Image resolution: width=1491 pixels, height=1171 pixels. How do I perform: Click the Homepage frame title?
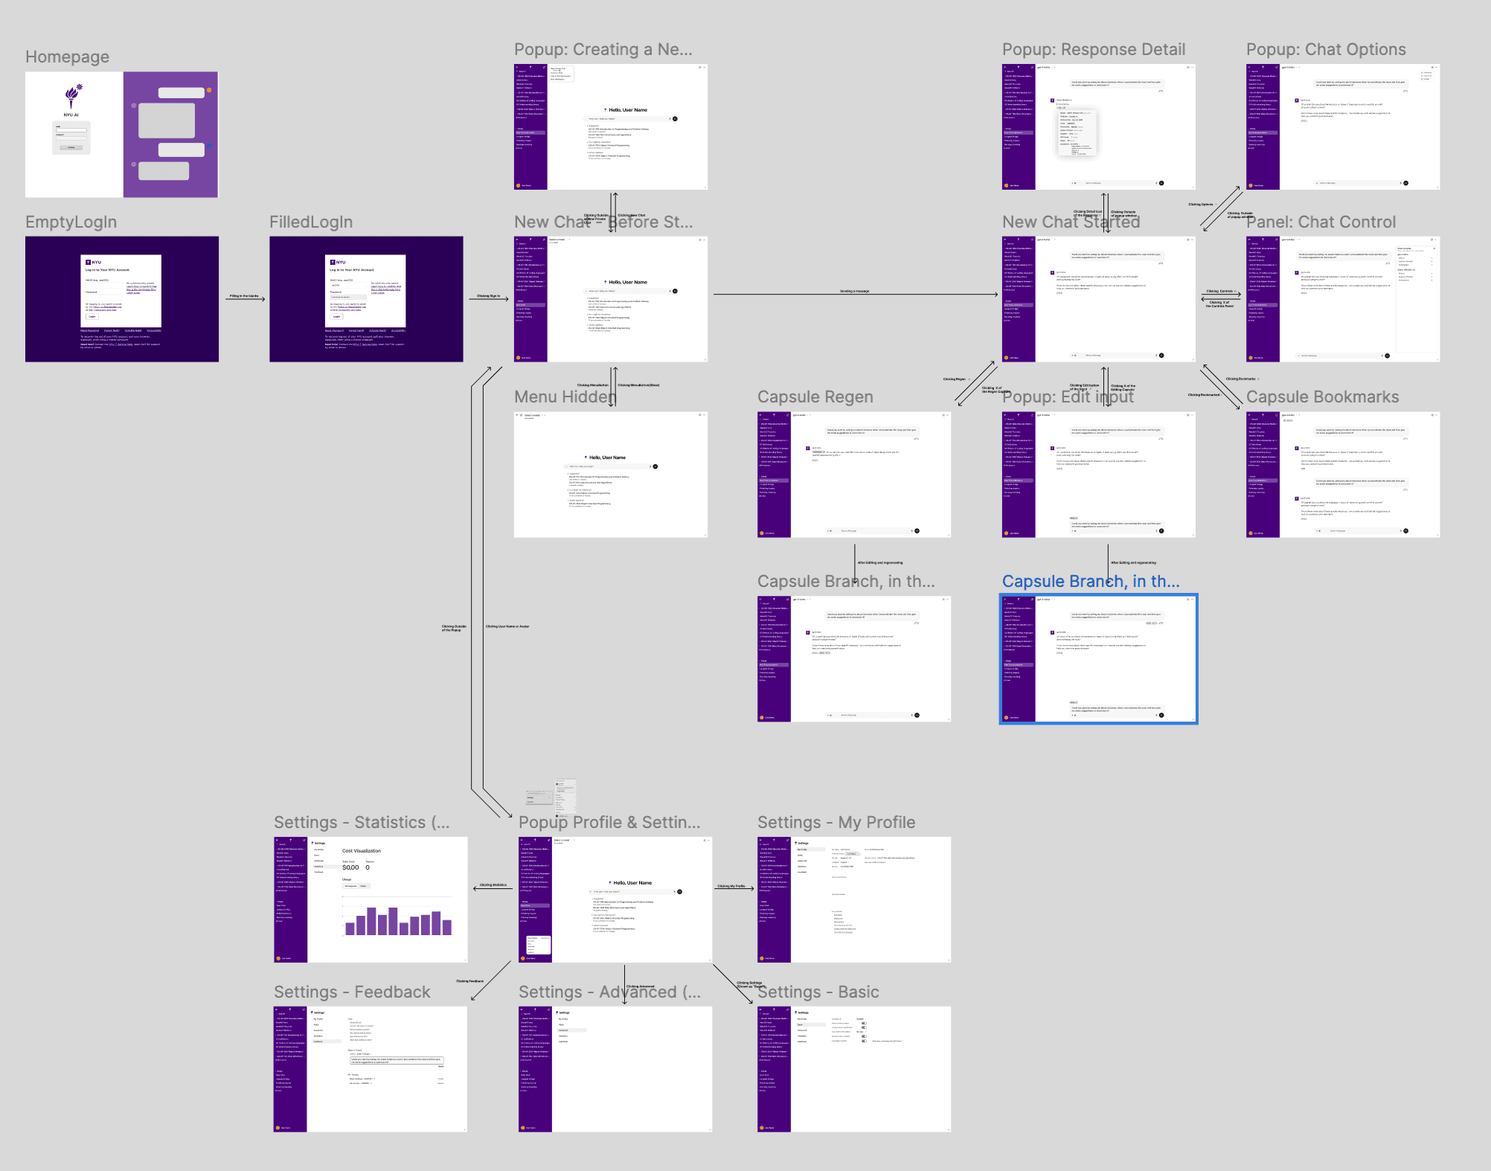tap(67, 57)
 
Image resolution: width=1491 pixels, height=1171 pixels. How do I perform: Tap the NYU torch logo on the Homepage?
tap(72, 95)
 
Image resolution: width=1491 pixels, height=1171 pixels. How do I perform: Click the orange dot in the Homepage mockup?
tap(209, 90)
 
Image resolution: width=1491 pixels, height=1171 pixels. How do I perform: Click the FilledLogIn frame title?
tap(311, 222)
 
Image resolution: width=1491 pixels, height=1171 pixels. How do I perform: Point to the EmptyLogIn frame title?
tap(71, 222)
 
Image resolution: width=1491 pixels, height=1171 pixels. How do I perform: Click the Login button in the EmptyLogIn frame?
tap(92, 316)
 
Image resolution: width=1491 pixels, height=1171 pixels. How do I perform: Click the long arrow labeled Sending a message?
tap(854, 295)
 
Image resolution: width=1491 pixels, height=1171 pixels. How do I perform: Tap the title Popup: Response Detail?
tap(1093, 50)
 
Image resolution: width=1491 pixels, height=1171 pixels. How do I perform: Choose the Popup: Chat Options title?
tap(1326, 50)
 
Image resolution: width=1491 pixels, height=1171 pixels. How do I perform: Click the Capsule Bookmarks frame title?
tap(1322, 397)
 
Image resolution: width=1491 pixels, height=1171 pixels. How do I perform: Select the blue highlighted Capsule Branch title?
tap(1090, 582)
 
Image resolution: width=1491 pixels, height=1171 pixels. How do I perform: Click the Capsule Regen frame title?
tap(815, 397)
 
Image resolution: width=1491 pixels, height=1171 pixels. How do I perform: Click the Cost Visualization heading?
tap(361, 850)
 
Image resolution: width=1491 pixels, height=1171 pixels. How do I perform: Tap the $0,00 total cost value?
tap(350, 867)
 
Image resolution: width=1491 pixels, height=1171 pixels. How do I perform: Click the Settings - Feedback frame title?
tap(352, 992)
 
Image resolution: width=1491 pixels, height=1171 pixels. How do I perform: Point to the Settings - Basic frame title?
tap(818, 992)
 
